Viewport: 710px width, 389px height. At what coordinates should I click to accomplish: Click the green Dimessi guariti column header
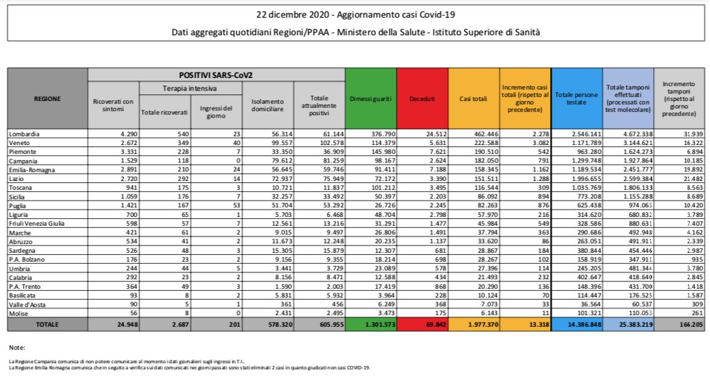[371, 99]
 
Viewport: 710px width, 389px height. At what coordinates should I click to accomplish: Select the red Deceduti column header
[422, 99]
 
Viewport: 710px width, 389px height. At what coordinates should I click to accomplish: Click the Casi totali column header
[473, 99]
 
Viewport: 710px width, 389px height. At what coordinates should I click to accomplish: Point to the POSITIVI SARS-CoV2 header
[216, 74]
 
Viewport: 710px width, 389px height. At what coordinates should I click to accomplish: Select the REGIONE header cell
[47, 99]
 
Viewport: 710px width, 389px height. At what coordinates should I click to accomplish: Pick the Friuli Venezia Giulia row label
[37, 222]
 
